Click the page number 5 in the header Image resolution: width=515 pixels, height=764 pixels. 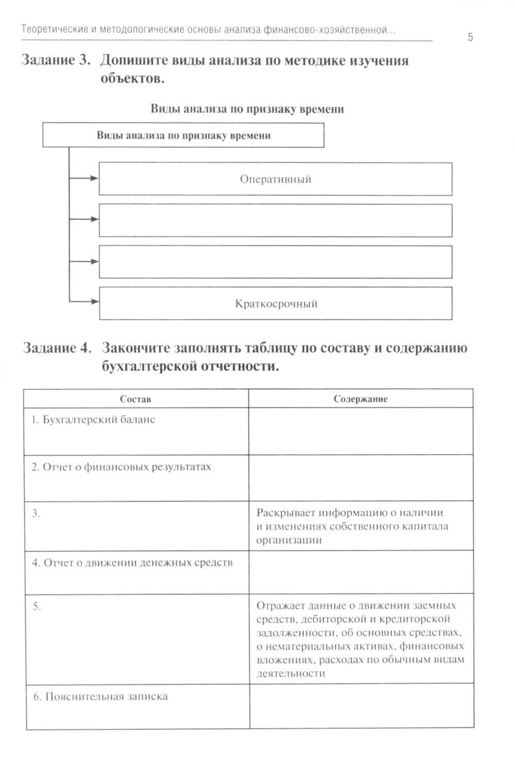coord(470,37)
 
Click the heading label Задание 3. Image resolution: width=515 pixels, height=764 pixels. coord(56,61)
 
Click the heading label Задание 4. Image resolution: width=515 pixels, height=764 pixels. coord(57,348)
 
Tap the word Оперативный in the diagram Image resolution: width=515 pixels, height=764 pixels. coord(276,179)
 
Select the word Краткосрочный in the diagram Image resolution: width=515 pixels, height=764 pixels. coord(276,304)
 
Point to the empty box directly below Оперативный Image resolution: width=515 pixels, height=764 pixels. coord(276,220)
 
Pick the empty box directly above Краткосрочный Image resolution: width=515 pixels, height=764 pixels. coord(276,262)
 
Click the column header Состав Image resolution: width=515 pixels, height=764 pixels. coord(135,399)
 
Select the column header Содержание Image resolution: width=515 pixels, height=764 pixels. coord(360,399)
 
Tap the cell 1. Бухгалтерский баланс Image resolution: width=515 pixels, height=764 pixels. coord(93,420)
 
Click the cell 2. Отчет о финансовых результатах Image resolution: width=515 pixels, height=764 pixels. coord(122,467)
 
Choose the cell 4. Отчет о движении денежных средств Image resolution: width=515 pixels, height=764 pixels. coord(132,562)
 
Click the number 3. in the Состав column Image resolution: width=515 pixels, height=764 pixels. coord(36,514)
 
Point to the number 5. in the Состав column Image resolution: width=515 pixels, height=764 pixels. coord(37,606)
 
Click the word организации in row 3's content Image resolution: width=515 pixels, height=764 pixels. coord(289,540)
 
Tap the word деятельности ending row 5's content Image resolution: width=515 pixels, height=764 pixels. coord(290,673)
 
